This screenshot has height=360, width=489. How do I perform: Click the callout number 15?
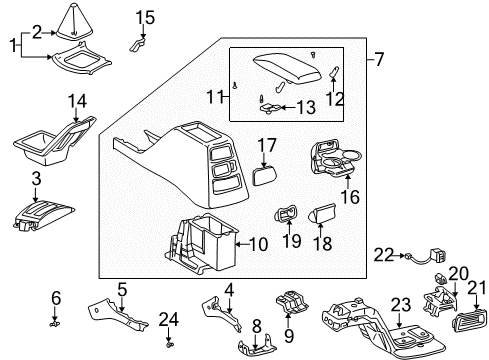tap(146, 17)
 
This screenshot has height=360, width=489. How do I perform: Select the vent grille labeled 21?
tap(464, 319)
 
